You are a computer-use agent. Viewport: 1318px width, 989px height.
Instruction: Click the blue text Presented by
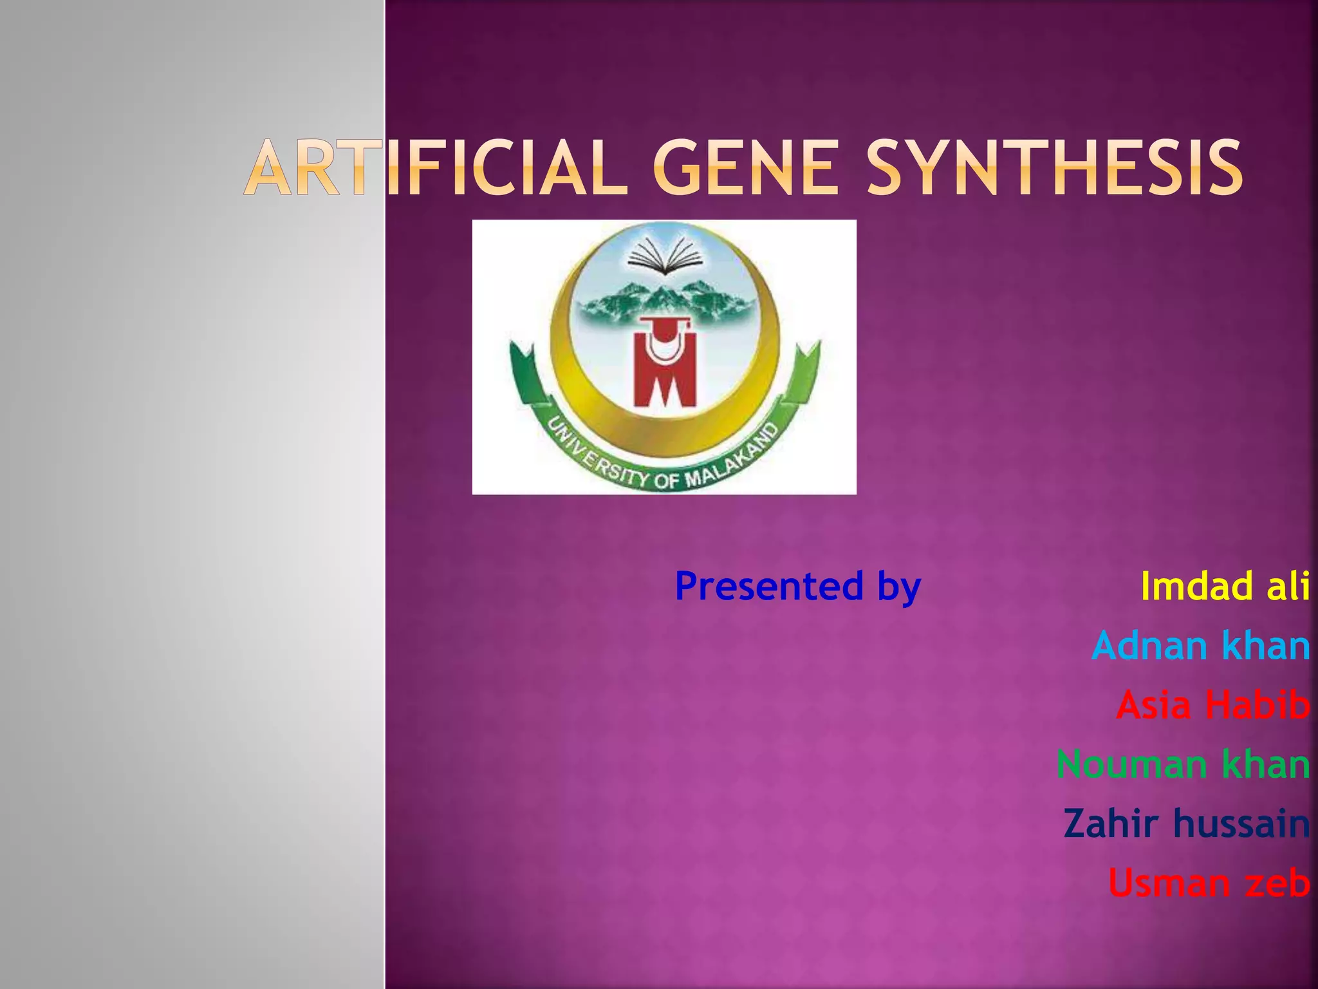coord(798,586)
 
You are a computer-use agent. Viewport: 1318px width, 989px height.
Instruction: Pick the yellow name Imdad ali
coord(1225,586)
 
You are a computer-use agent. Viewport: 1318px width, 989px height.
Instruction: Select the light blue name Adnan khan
coord(1201,645)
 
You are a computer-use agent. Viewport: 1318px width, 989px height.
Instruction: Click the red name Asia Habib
coord(1212,704)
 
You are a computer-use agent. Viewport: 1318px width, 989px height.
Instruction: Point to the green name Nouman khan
coord(1183,764)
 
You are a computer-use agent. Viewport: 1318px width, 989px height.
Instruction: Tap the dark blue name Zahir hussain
coord(1186,824)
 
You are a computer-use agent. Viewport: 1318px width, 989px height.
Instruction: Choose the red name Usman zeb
coord(1209,883)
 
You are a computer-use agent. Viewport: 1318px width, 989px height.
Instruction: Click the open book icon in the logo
coord(665,256)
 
